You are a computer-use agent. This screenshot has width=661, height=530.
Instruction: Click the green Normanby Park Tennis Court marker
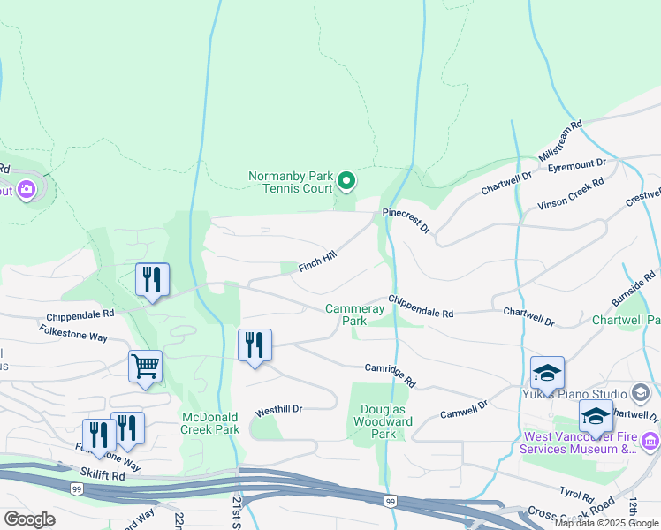(x=347, y=183)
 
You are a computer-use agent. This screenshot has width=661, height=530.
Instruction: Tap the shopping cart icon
(x=145, y=365)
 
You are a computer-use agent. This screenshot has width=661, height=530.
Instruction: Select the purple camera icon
(x=27, y=189)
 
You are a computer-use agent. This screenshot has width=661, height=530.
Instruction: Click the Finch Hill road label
(x=317, y=261)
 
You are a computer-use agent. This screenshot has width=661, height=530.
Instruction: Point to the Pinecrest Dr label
(x=406, y=221)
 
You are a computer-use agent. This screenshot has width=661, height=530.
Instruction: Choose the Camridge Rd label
(x=391, y=374)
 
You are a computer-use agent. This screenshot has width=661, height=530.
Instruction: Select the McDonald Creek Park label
(x=210, y=423)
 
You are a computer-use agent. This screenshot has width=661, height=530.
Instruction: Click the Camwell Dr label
(x=464, y=408)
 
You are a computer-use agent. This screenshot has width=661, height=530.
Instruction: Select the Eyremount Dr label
(x=576, y=163)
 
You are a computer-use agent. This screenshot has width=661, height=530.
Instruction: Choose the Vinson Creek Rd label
(x=571, y=194)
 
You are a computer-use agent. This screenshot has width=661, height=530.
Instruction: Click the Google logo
(x=29, y=519)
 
